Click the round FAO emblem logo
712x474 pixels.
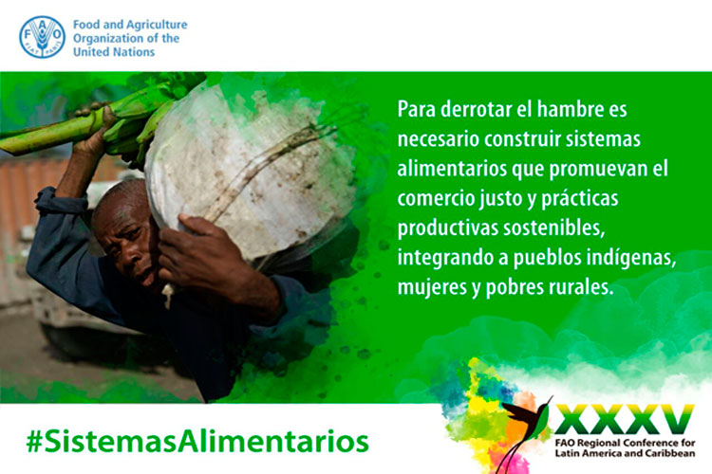coord(42,37)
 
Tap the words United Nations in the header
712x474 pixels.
coord(114,52)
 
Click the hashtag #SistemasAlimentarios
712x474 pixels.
coord(198,441)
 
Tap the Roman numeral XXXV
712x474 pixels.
coord(625,420)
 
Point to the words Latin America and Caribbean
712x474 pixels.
coord(626,453)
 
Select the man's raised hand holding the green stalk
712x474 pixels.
coord(94,132)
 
